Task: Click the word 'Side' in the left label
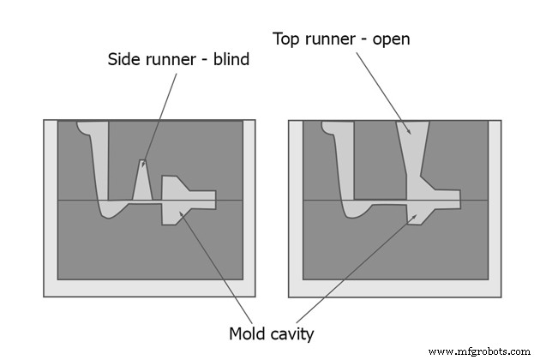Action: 124,59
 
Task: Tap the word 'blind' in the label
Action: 227,59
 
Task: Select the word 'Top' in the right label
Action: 288,39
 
